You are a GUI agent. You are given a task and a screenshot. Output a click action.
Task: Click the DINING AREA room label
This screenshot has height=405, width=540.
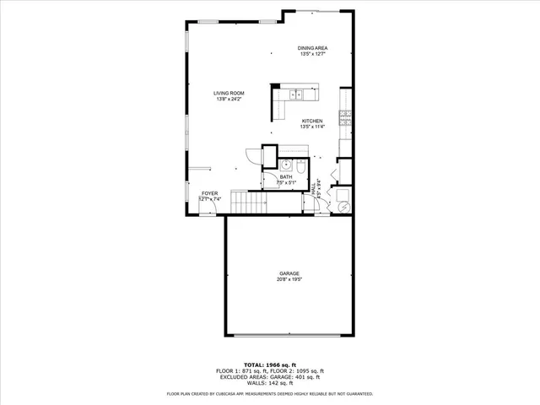click(x=312, y=48)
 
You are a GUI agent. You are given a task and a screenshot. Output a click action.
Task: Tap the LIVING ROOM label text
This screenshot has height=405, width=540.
click(x=229, y=94)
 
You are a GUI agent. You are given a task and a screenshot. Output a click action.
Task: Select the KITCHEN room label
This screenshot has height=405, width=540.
click(x=312, y=121)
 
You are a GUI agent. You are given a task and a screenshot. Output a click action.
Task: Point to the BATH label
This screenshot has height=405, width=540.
click(x=286, y=176)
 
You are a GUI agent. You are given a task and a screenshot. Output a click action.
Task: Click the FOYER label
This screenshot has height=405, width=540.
click(x=209, y=193)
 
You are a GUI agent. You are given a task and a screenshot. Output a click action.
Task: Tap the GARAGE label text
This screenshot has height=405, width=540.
click(x=289, y=273)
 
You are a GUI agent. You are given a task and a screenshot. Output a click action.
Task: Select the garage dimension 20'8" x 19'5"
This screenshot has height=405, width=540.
click(x=289, y=279)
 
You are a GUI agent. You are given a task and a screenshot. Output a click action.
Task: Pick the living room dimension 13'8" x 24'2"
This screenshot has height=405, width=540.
click(x=229, y=100)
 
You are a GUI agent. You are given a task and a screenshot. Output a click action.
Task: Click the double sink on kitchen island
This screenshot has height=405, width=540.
click(x=295, y=94)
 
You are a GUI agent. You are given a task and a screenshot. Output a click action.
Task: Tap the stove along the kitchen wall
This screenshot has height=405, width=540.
click(x=344, y=119)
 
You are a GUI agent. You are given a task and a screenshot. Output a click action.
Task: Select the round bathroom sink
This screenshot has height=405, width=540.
click(x=285, y=165)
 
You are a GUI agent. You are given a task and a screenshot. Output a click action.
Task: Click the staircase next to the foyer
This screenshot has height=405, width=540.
click(x=248, y=202)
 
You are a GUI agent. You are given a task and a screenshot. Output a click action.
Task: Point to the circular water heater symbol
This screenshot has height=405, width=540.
click(x=343, y=205)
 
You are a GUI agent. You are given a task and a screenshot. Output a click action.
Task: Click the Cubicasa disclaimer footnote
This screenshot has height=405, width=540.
click(x=269, y=393)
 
